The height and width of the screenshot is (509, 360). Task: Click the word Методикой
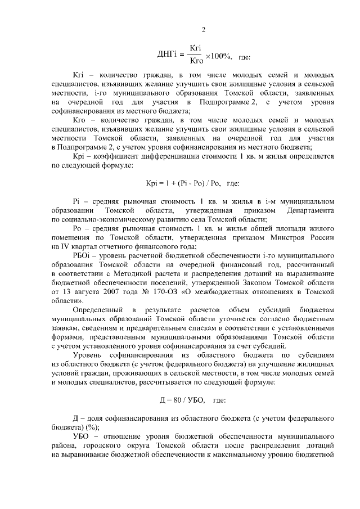click(138, 274)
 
